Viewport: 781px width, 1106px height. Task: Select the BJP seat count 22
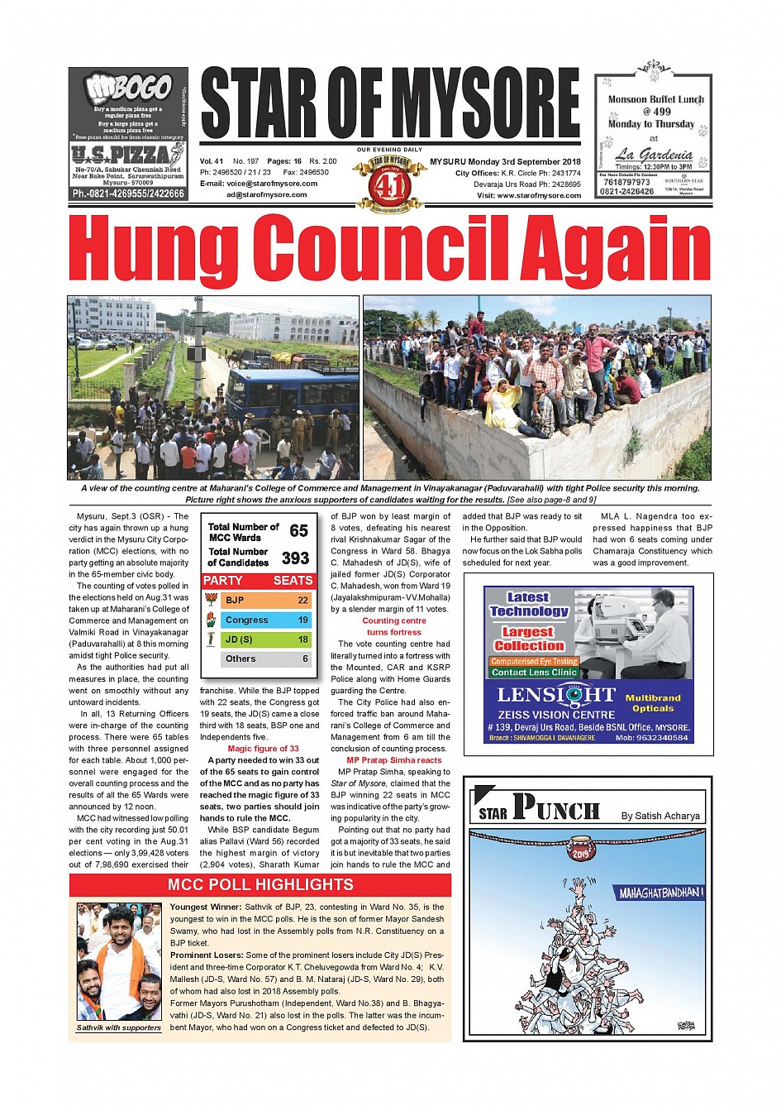click(302, 601)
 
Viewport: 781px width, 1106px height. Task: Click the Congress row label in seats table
click(246, 620)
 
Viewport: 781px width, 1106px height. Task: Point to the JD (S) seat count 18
click(302, 639)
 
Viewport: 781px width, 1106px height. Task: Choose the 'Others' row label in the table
click(240, 659)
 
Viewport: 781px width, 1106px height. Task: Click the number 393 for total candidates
click(295, 558)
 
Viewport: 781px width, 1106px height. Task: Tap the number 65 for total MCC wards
click(298, 531)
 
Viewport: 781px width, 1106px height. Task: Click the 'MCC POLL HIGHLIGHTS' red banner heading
click(260, 885)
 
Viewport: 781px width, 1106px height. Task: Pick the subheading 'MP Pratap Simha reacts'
click(394, 760)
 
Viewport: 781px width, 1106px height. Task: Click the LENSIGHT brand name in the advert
click(556, 695)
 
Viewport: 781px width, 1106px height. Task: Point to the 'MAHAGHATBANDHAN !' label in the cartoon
click(661, 893)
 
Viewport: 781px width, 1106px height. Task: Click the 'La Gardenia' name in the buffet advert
click(654, 154)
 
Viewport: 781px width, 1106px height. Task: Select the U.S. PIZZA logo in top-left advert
click(128, 154)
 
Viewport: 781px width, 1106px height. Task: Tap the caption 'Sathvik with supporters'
click(119, 1028)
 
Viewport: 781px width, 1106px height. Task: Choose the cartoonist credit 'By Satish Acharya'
click(660, 816)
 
